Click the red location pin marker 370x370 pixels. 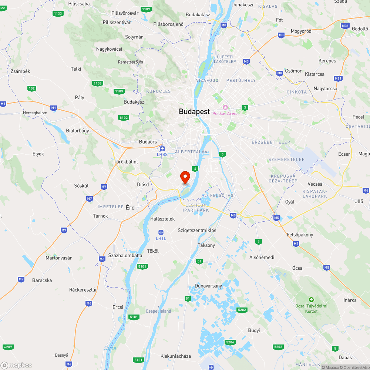click(x=185, y=177)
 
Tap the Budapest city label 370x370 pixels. click(x=194, y=111)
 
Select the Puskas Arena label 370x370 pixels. click(x=225, y=113)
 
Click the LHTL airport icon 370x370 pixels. click(x=161, y=232)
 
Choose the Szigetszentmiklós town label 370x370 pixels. click(x=197, y=230)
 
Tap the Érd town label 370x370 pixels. click(x=130, y=208)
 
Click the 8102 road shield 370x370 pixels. click(x=124, y=118)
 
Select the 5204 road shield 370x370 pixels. click(x=230, y=342)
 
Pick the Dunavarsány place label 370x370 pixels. click(x=208, y=286)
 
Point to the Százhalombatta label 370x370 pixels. click(x=125, y=255)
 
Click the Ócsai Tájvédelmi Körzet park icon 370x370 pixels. click(x=312, y=299)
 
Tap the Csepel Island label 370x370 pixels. click(x=158, y=311)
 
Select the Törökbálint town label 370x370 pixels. click(x=126, y=162)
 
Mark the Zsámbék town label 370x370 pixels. click(x=20, y=71)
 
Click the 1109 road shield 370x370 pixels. click(x=146, y=9)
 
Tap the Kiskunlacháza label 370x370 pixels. click(x=176, y=356)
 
